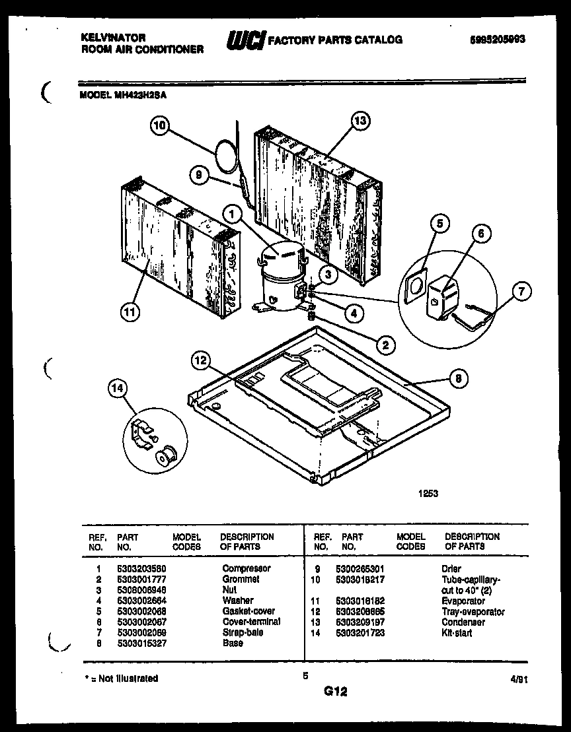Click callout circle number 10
[160, 125]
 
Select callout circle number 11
[130, 313]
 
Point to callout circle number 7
[521, 291]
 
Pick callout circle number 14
[118, 389]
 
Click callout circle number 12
[202, 360]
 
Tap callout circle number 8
[458, 378]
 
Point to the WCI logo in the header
[244, 40]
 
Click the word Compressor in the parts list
[246, 568]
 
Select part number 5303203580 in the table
[140, 568]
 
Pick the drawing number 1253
[427, 492]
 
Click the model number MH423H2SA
[141, 94]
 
